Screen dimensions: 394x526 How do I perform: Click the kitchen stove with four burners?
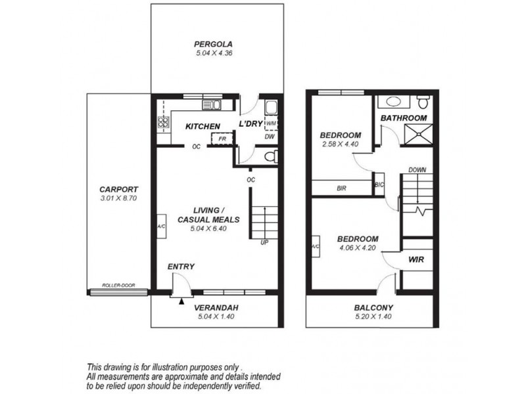coord(161,122)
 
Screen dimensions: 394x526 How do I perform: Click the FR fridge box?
coord(222,139)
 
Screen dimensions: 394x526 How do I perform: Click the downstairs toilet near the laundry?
coord(266,156)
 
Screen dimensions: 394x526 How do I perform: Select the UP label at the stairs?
coord(264,242)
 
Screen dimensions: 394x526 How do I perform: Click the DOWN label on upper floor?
coord(417,169)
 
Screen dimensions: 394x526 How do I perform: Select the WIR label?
coord(416,260)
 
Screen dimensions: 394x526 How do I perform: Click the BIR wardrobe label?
coord(341,188)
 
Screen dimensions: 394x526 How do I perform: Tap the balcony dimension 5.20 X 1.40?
coord(373,316)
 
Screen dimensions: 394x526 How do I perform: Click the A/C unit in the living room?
coord(160,227)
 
